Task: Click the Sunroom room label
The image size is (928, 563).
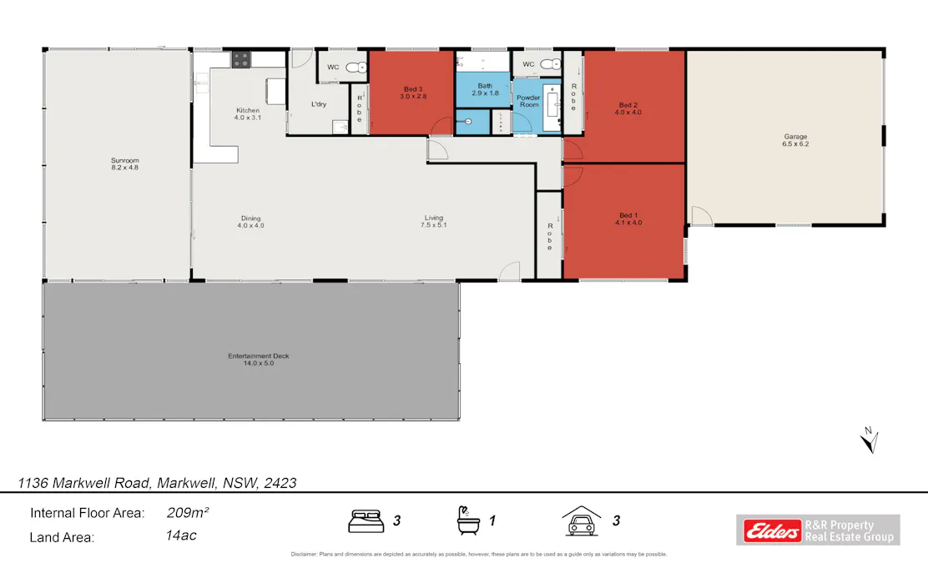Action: (x=124, y=163)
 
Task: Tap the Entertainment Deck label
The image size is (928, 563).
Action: (x=258, y=359)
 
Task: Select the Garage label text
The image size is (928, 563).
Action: (x=794, y=140)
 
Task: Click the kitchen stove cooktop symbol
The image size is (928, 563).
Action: (x=241, y=59)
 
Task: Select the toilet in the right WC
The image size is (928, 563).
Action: (x=550, y=64)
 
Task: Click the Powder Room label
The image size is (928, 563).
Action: (x=528, y=101)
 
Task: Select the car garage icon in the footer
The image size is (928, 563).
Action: (x=582, y=520)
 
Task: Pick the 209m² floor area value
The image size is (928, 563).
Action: (x=188, y=513)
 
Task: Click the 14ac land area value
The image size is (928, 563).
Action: (x=181, y=535)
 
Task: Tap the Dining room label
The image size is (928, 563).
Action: (x=250, y=222)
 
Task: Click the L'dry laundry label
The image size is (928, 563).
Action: (x=318, y=104)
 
